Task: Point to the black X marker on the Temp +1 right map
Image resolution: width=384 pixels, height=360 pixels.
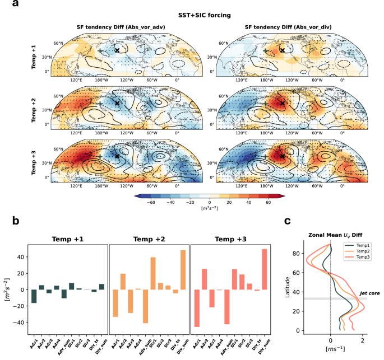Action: tap(282, 50)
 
